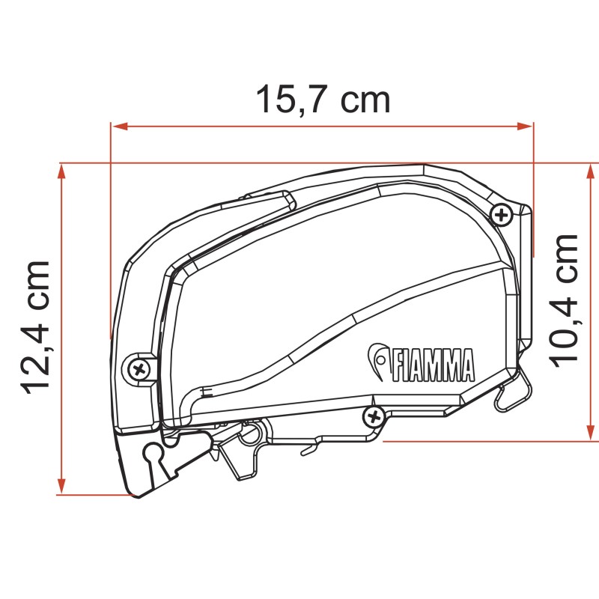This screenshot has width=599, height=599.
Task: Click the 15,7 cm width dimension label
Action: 323,100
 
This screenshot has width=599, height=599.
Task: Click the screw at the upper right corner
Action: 501,216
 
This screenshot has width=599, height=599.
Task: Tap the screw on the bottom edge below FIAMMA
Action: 372,415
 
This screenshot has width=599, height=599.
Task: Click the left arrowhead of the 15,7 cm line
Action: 117,127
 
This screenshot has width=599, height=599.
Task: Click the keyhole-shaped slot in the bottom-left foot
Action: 154,452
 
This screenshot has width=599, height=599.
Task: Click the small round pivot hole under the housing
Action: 254,431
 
